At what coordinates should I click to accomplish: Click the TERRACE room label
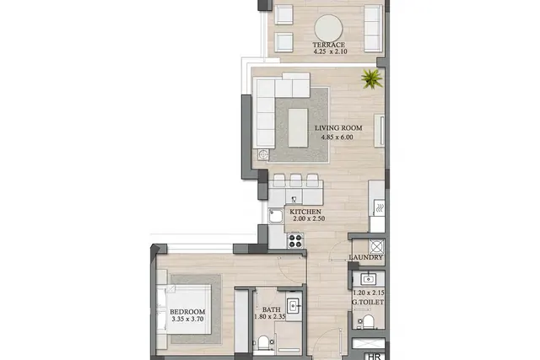[x=328, y=45]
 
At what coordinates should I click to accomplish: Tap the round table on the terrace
[x=328, y=28]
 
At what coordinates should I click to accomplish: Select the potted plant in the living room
[x=372, y=78]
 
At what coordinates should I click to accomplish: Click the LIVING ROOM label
[x=338, y=128]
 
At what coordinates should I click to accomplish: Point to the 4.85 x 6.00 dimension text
[x=337, y=137]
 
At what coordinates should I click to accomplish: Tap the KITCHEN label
[x=305, y=212]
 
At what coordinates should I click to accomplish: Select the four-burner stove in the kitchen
[x=295, y=240]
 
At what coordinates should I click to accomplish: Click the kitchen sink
[x=276, y=217]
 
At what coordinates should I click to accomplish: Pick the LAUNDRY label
[x=365, y=257]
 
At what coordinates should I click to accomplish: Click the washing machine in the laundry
[x=376, y=247]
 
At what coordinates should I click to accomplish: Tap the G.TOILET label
[x=368, y=302]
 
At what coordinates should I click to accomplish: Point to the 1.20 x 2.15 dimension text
[x=369, y=293]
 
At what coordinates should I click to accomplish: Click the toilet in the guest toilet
[x=368, y=321]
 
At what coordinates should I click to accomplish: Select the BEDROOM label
[x=187, y=312]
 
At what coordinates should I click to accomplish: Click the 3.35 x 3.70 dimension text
[x=187, y=319]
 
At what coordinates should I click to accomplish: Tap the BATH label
[x=272, y=309]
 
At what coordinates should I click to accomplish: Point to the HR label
[x=375, y=357]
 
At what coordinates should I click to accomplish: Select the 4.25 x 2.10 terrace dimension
[x=330, y=51]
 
